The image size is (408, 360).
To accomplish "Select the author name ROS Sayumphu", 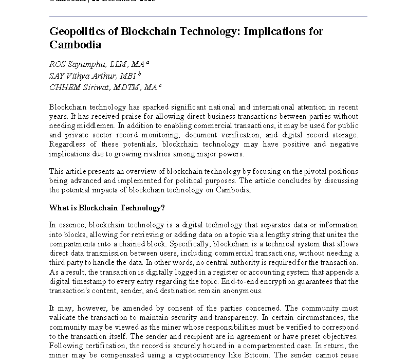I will (75, 64).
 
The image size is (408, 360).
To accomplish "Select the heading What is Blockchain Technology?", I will (107, 208).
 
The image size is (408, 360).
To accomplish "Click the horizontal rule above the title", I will (208, 16).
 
